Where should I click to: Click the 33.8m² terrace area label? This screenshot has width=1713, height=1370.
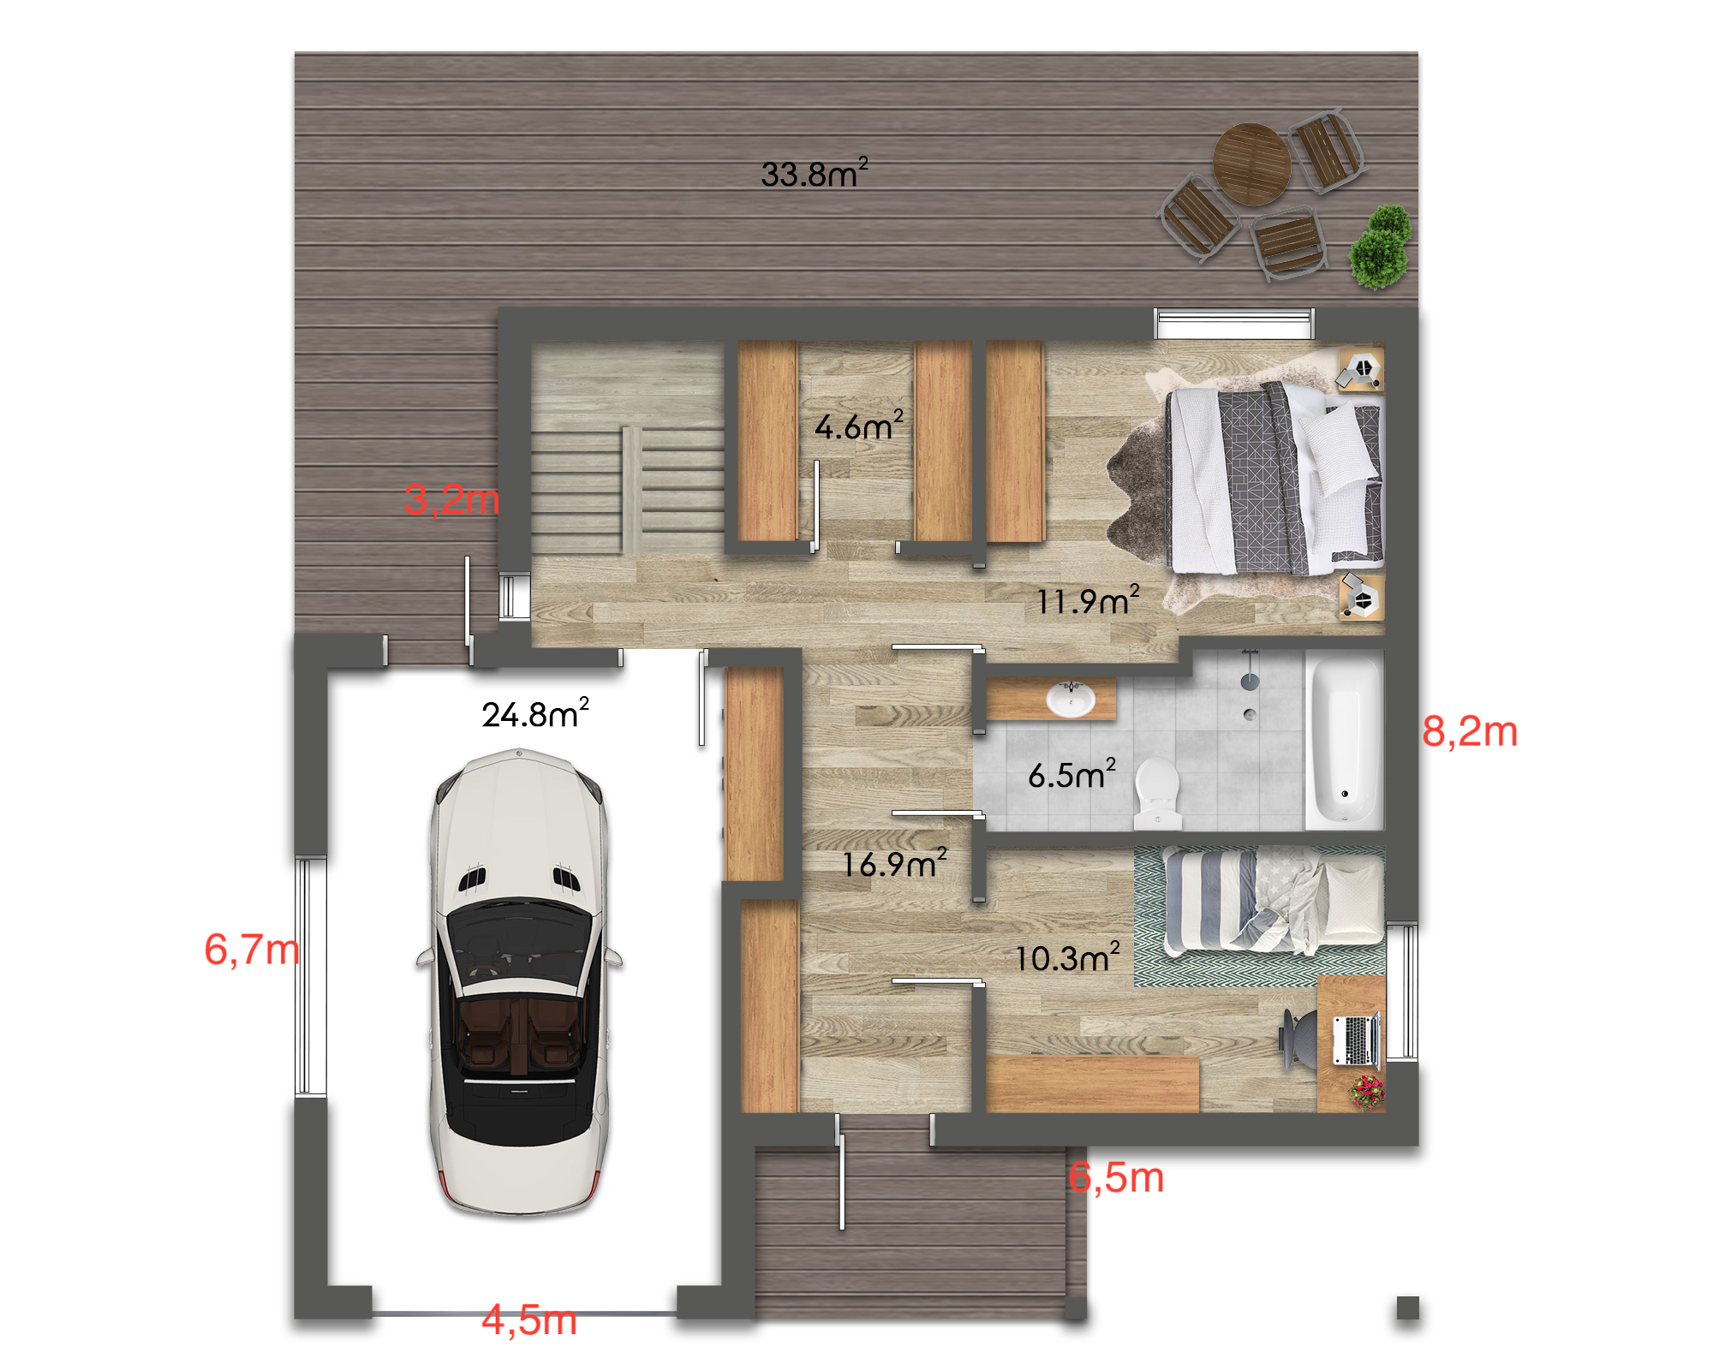coord(815,173)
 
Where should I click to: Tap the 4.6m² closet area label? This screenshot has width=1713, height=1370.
coord(859,426)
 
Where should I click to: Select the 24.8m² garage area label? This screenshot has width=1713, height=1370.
coord(535,712)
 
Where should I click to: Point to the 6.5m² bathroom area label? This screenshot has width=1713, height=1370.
coord(1072,774)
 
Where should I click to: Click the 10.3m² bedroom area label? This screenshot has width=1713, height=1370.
coord(1067,957)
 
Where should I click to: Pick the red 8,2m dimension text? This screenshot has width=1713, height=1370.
coord(1470,731)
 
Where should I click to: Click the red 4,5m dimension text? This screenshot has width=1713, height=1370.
coord(529,1319)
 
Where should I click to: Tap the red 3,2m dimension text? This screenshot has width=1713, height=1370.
coord(451,499)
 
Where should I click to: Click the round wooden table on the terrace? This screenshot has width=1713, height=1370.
coord(1251,164)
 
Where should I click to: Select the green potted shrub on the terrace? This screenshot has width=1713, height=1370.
coord(1380,247)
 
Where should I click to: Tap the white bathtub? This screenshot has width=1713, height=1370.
coord(1344,741)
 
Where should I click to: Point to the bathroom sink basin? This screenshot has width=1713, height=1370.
coord(1071,700)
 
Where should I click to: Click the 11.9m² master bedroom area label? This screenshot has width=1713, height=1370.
coord(1088,600)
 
